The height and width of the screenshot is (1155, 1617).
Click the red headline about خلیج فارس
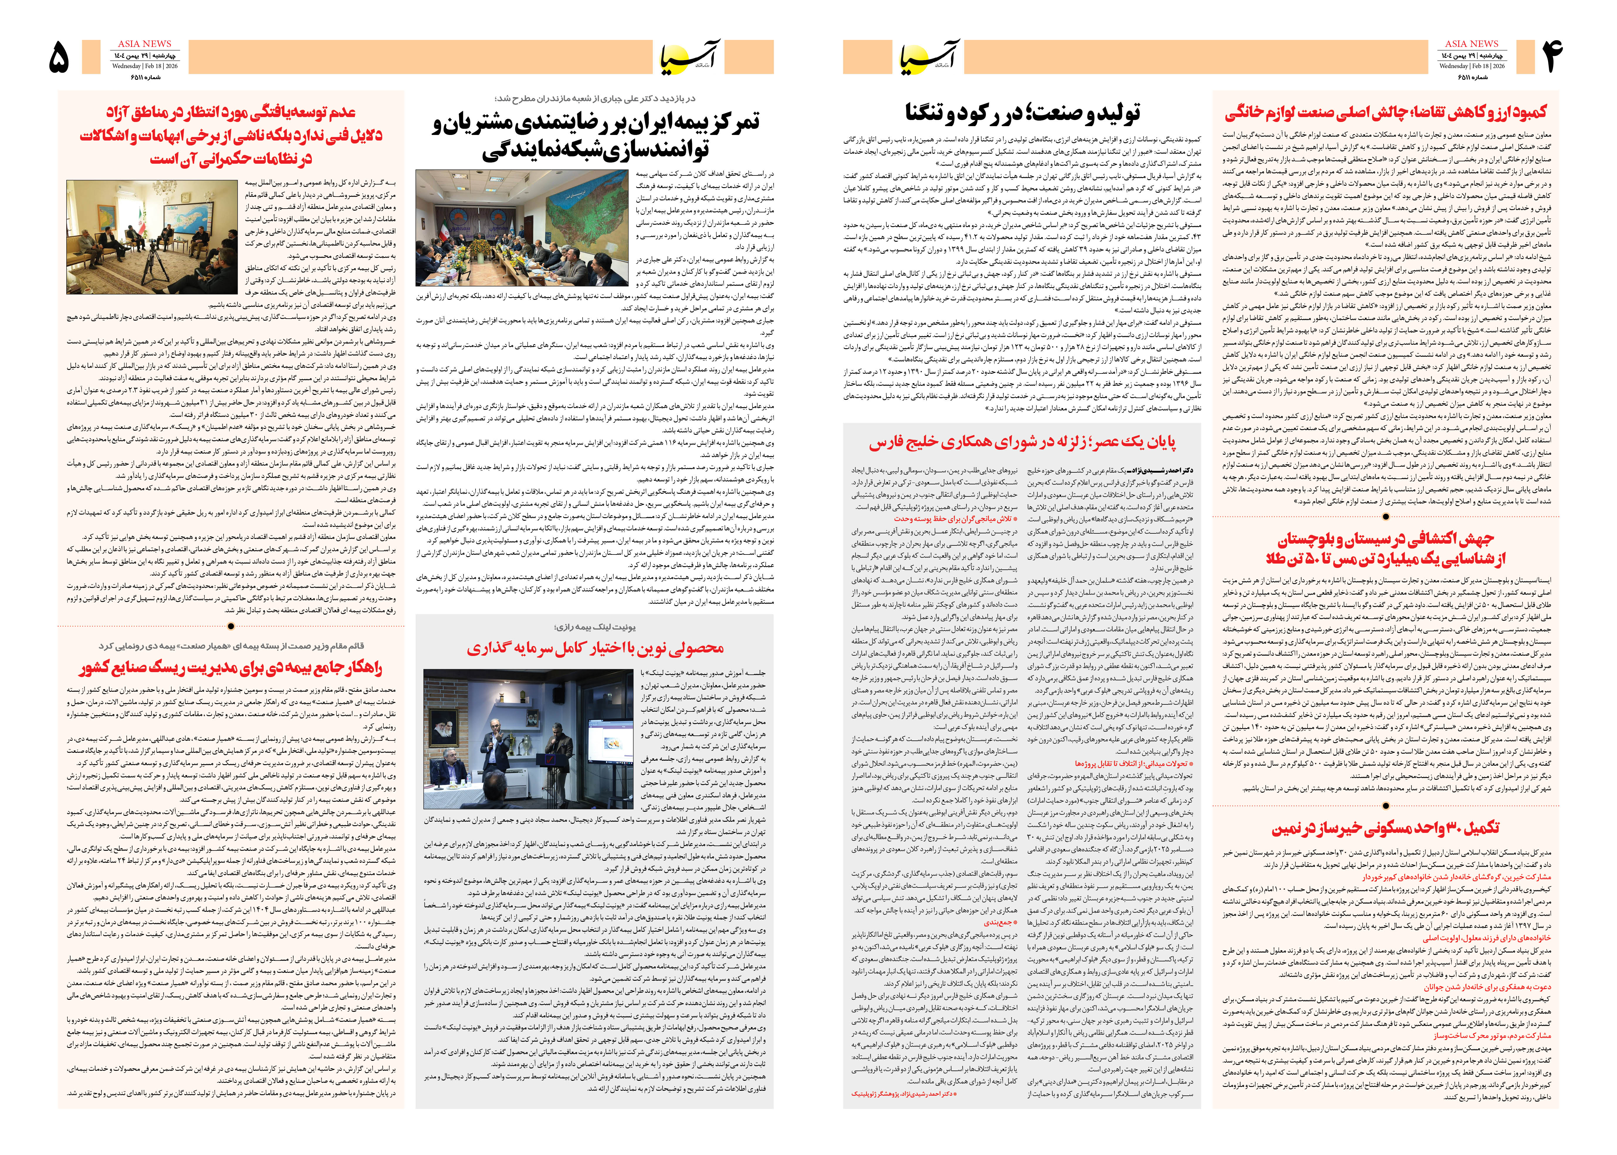[1022, 442]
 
